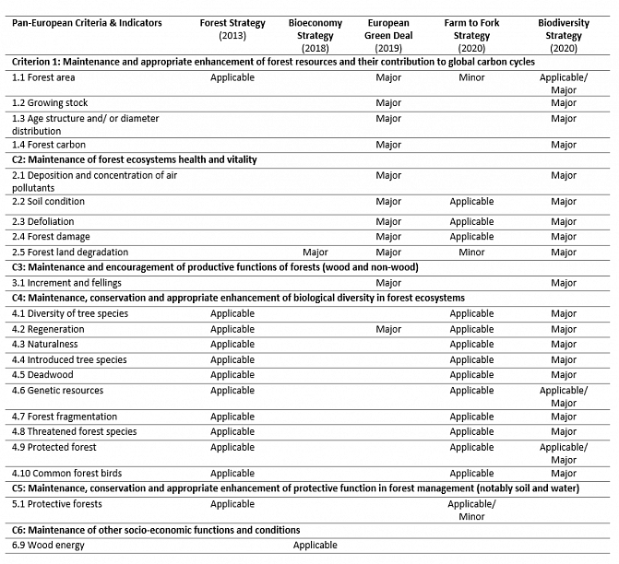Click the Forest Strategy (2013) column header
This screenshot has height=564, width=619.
(x=232, y=29)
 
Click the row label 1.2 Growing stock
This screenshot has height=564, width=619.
(x=51, y=103)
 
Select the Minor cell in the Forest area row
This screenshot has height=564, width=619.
(x=471, y=77)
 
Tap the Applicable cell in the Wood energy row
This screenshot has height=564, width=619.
(x=315, y=545)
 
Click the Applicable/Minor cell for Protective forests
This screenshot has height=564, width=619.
(x=471, y=510)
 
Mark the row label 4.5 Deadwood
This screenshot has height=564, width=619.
(x=45, y=375)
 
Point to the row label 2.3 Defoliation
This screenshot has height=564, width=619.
(x=49, y=221)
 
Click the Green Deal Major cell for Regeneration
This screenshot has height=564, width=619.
(x=388, y=329)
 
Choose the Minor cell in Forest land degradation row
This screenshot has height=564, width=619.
(x=471, y=252)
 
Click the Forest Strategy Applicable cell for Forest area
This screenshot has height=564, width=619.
(x=232, y=77)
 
